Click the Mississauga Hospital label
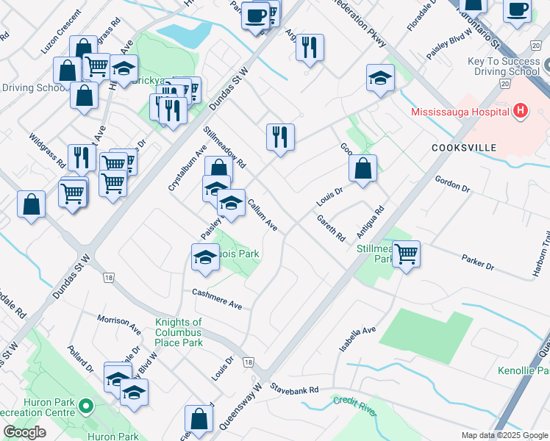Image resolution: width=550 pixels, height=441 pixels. tap(460, 112)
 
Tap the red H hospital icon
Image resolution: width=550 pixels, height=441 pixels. tap(521, 112)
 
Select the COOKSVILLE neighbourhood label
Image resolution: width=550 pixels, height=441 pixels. tap(465, 148)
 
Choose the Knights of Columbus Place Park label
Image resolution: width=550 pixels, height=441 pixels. tap(178, 332)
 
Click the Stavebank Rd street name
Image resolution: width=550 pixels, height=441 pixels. tap(294, 388)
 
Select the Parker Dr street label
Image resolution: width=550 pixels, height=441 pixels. tap(479, 262)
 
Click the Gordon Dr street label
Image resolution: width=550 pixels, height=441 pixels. tap(452, 183)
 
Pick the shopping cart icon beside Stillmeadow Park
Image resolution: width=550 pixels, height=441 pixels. tap(406, 254)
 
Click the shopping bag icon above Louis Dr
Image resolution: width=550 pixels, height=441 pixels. tap(363, 168)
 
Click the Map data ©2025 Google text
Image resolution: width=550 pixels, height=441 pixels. tap(504, 435)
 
